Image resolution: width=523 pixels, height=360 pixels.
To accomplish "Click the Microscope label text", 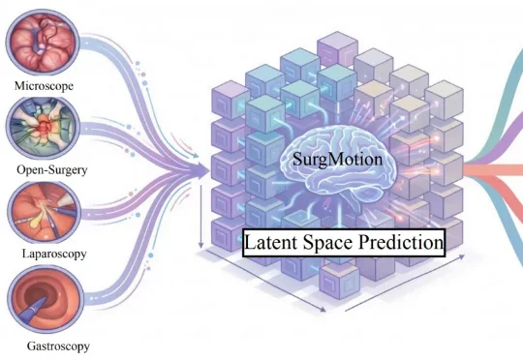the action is [x=44, y=86].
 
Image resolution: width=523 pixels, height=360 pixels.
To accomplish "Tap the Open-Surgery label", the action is [x=52, y=170].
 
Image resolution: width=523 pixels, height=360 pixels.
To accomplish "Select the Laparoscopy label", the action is [x=54, y=254].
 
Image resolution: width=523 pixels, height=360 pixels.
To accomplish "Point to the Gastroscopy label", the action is [x=58, y=346].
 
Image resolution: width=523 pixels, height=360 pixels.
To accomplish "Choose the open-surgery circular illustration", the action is [x=43, y=129].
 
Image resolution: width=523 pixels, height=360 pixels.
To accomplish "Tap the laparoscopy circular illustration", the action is [x=44, y=212].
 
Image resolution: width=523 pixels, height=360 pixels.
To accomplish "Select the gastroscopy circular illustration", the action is [x=46, y=299].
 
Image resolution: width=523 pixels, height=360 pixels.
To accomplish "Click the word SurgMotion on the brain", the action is [x=337, y=159].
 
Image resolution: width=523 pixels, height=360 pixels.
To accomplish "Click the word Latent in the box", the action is [x=271, y=242].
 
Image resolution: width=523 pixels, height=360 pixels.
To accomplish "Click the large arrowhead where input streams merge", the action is [x=202, y=170].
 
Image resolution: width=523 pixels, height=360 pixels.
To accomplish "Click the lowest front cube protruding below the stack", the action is [x=339, y=280].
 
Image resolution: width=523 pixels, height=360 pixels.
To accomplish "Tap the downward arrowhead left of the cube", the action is [x=200, y=244].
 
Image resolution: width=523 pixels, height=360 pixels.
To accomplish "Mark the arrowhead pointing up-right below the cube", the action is [x=461, y=256].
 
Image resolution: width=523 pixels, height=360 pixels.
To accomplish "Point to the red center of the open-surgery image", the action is [x=44, y=127].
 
